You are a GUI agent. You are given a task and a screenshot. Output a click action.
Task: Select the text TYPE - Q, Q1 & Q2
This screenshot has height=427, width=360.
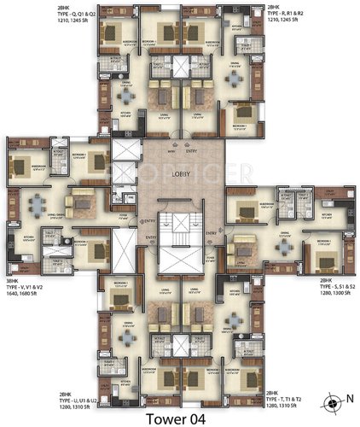pos(30,15)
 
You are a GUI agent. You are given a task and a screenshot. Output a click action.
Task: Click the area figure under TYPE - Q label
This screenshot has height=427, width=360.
pos(26,23)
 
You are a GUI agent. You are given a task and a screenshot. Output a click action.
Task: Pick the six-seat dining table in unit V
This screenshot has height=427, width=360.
pos(37,205)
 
